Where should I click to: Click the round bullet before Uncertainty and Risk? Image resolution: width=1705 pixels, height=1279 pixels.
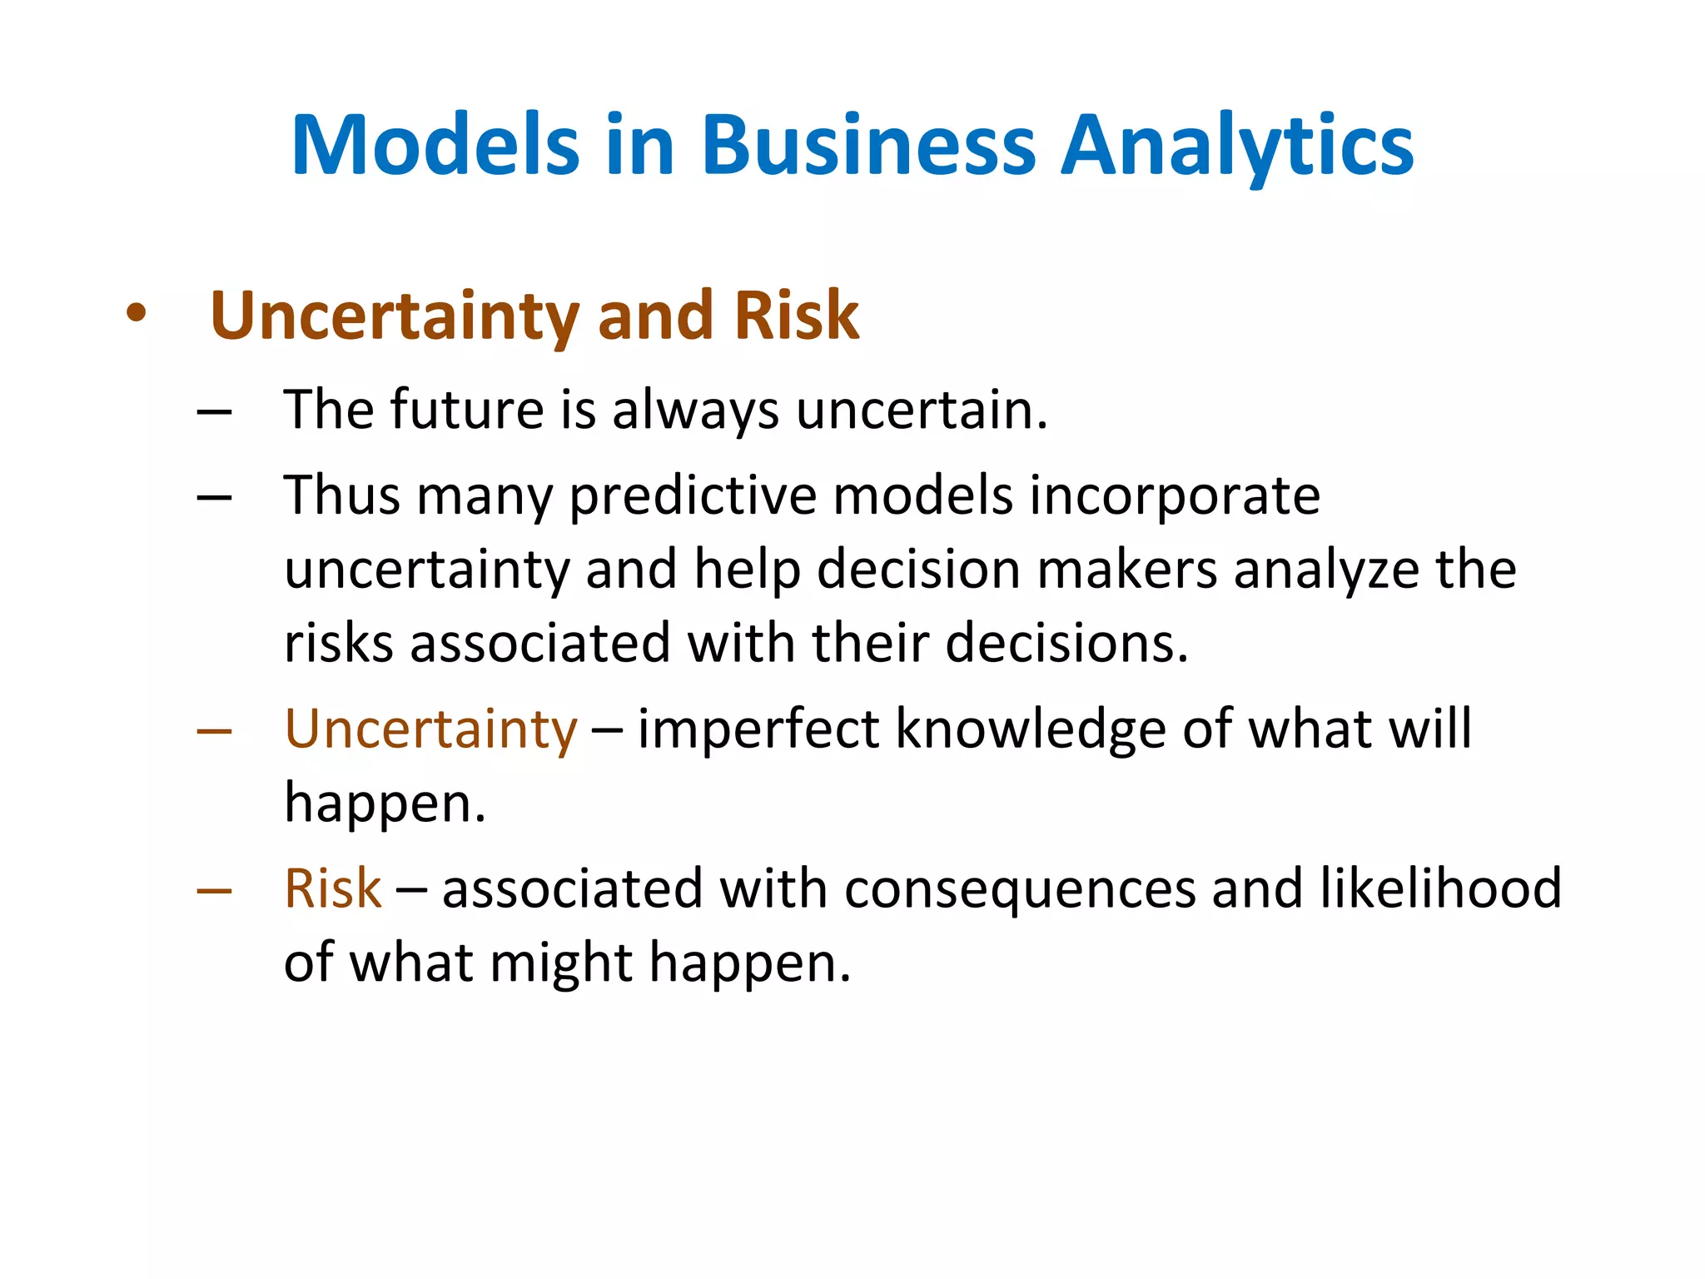(136, 316)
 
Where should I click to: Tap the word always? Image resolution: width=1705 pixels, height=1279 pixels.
(695, 411)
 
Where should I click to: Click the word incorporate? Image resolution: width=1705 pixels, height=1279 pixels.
(1175, 497)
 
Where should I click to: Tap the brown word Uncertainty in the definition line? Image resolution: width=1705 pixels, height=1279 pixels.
(430, 730)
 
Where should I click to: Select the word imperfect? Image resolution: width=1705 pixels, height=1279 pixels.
(758, 729)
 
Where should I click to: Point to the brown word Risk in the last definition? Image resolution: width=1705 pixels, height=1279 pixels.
(332, 888)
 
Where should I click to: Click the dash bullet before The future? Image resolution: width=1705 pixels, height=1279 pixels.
(214, 411)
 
